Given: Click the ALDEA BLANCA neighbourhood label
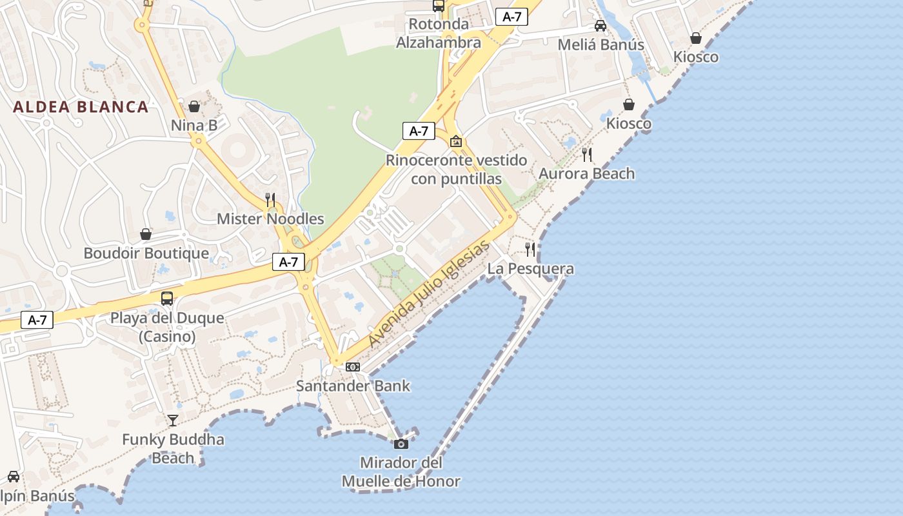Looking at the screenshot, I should [x=81, y=107].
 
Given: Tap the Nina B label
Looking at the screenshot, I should [x=194, y=126].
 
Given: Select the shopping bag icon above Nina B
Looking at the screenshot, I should [x=194, y=106].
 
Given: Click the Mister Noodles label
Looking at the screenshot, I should [x=270, y=219].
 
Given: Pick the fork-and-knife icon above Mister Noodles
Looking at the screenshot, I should [x=270, y=199].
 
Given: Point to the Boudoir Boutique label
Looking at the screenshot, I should [x=146, y=253].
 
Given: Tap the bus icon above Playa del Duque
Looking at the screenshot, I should [x=167, y=299].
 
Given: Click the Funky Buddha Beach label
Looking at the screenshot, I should [x=173, y=449].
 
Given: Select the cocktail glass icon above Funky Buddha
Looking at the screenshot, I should [x=173, y=421].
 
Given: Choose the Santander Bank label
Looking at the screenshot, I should [x=353, y=386].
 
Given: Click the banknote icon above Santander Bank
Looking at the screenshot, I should [x=353, y=367].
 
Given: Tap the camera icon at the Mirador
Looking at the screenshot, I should [x=401, y=444].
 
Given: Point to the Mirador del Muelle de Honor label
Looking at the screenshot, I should [x=401, y=471].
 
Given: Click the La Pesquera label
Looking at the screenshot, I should [x=530, y=268].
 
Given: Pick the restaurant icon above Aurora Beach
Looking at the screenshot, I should [x=586, y=155].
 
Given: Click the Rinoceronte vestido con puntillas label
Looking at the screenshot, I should [x=456, y=169].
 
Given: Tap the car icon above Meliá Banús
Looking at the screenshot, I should [x=600, y=26].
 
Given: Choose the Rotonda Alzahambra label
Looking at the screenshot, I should [x=439, y=34].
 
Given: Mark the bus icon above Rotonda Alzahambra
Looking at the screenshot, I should [x=439, y=6].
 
